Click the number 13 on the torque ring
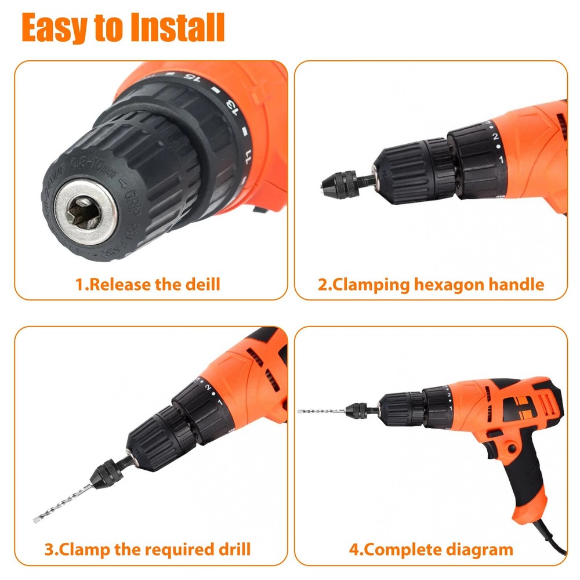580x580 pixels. pos(231,107)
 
